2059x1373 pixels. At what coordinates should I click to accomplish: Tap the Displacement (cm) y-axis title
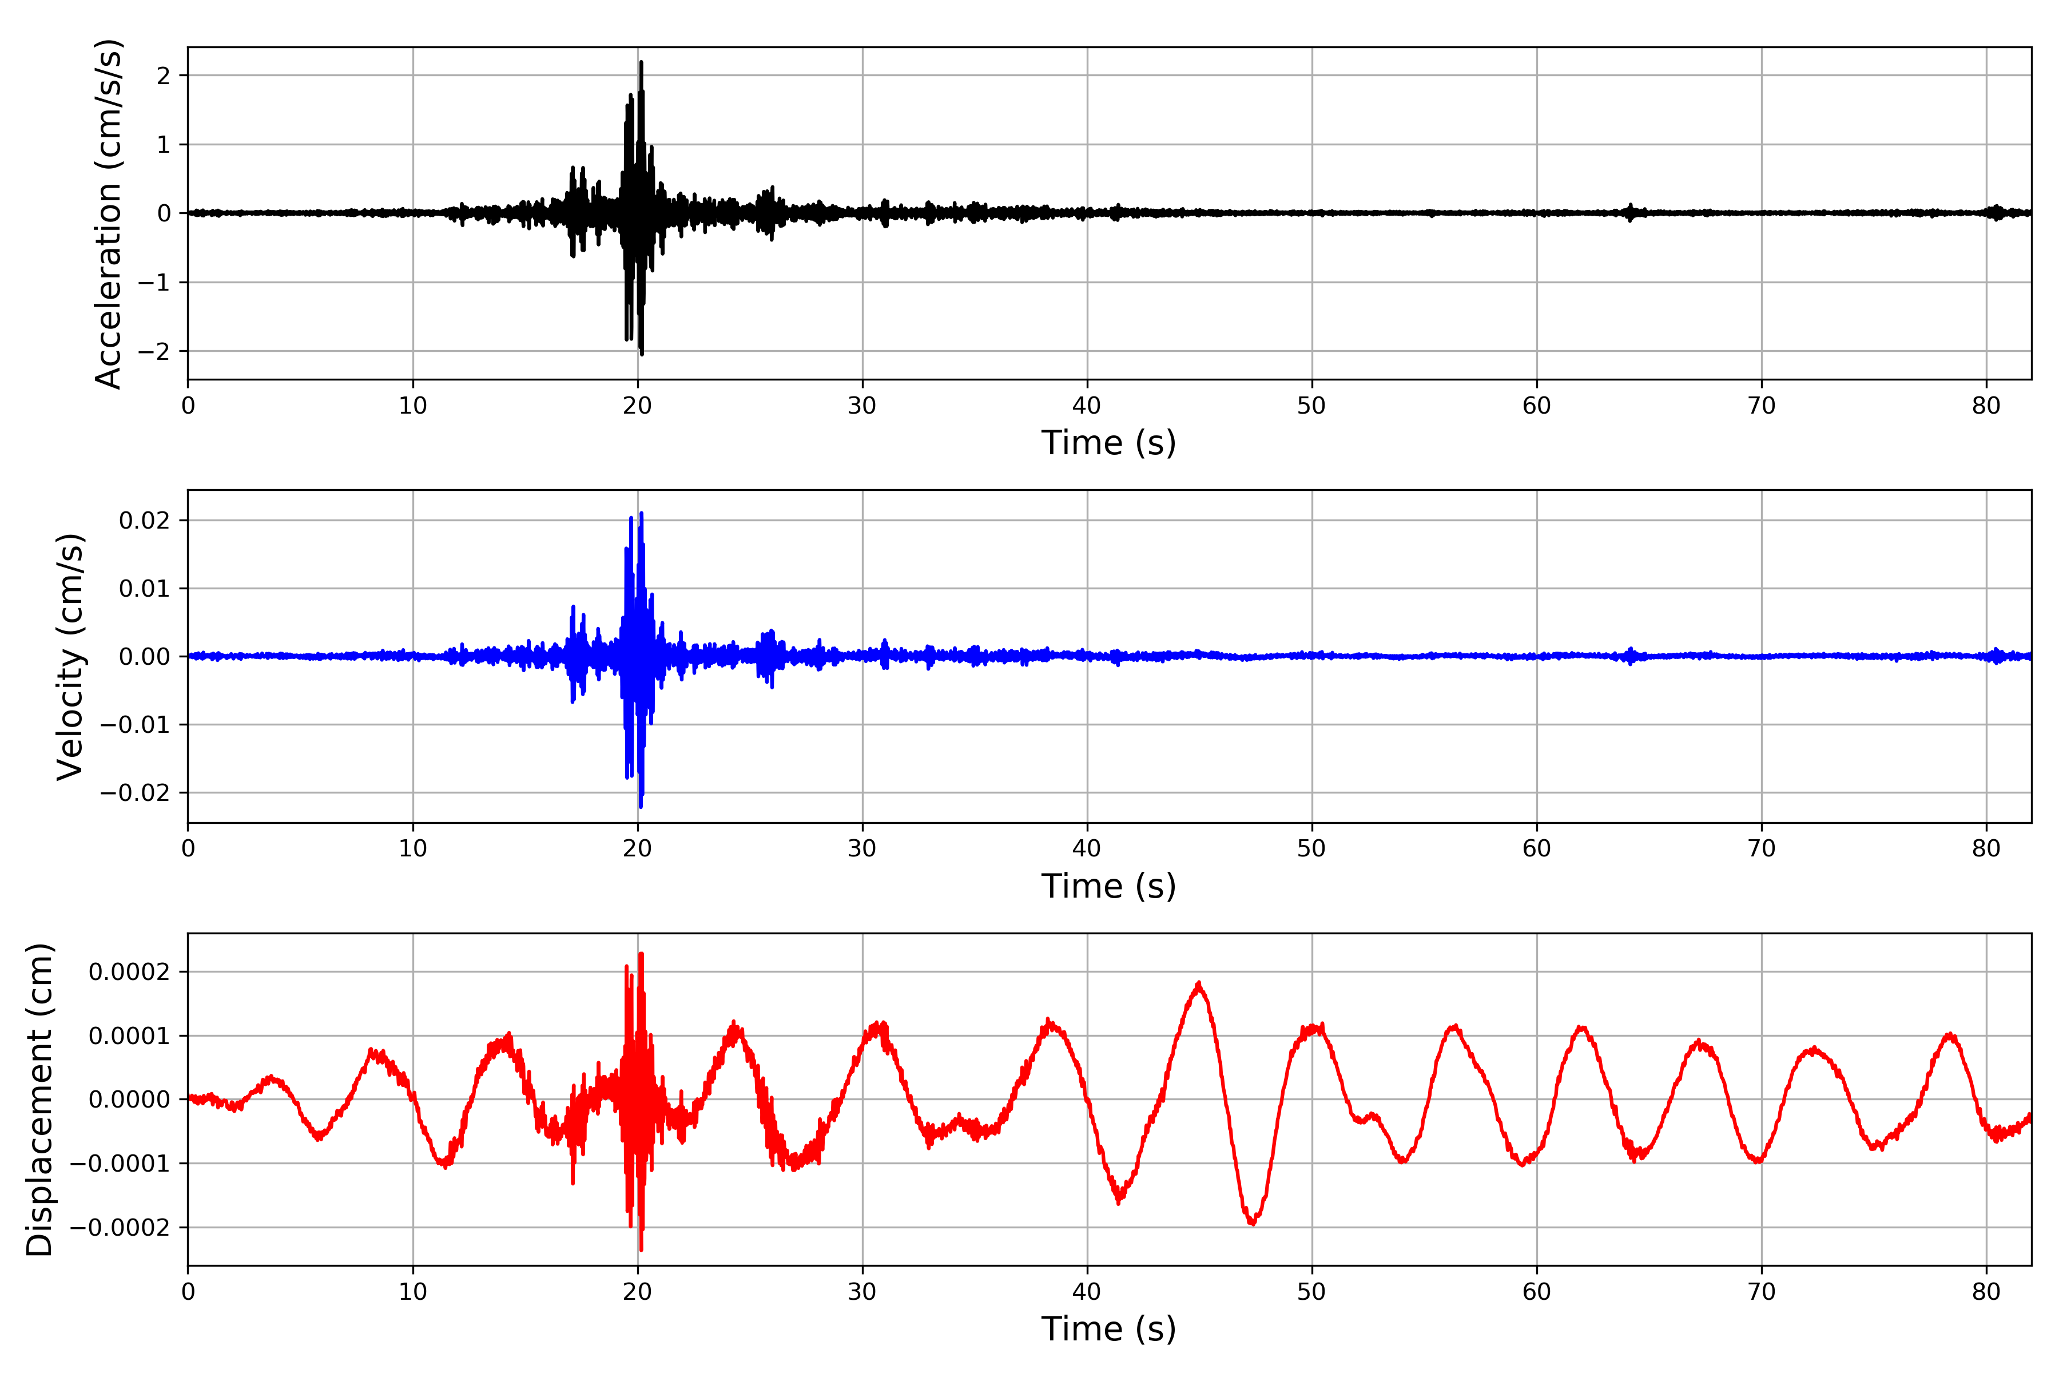pyautogui.click(x=39, y=1099)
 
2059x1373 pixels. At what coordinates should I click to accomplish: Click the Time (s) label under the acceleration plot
pyautogui.click(x=1108, y=443)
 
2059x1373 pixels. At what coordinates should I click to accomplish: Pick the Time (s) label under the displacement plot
pyautogui.click(x=1108, y=1329)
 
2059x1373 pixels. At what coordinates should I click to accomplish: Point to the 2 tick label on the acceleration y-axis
pyautogui.click(x=164, y=76)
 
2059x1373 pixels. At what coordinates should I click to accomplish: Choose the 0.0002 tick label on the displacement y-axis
pyautogui.click(x=130, y=972)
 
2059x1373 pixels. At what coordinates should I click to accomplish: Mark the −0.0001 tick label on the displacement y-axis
pyautogui.click(x=120, y=1164)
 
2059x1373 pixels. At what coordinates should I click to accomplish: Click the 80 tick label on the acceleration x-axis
pyautogui.click(x=1986, y=406)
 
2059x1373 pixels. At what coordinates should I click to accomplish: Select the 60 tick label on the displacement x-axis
pyautogui.click(x=1536, y=1292)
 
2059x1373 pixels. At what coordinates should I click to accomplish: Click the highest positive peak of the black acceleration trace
pyautogui.click(x=642, y=62)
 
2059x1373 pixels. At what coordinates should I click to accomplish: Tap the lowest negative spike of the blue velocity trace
pyautogui.click(x=641, y=807)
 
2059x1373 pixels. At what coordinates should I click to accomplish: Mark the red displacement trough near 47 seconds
pyautogui.click(x=1253, y=1223)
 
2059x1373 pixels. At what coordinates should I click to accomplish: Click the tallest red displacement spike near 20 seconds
pyautogui.click(x=642, y=954)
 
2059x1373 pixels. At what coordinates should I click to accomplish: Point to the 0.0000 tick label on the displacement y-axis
pyautogui.click(x=130, y=1100)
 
